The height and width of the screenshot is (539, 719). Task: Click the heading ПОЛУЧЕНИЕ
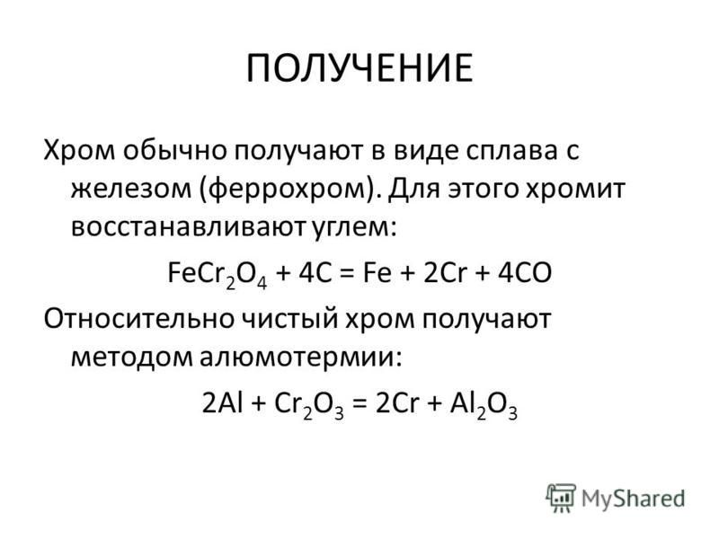click(x=359, y=69)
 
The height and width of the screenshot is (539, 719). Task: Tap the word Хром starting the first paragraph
click(x=79, y=150)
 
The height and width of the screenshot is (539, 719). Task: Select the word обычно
click(x=174, y=150)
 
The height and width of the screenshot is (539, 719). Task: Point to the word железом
click(x=130, y=189)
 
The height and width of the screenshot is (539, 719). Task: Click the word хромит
click(x=574, y=189)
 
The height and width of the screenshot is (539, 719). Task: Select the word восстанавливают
click(x=189, y=227)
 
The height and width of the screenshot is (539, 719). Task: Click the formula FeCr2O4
click(x=217, y=274)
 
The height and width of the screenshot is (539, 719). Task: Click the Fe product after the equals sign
click(x=377, y=273)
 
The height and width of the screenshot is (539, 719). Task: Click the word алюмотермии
click(x=300, y=358)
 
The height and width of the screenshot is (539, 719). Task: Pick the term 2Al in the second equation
click(x=222, y=403)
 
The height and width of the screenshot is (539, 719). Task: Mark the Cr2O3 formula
click(x=308, y=405)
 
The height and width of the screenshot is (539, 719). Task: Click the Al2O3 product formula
click(x=484, y=405)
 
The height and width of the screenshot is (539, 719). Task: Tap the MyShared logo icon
click(x=561, y=499)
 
